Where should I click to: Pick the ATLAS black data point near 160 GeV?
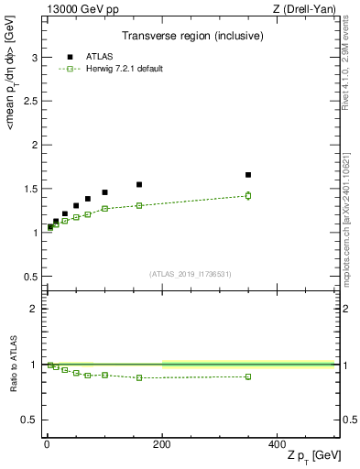[x=139, y=184]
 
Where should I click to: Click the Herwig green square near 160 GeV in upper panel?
[x=139, y=205]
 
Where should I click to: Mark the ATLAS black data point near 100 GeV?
[x=104, y=192]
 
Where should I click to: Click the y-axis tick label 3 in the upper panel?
[x=35, y=57]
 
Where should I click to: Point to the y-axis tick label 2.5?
[x=31, y=101]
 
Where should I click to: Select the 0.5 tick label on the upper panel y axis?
[x=31, y=277]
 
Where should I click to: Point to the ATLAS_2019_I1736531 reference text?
[x=190, y=274]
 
